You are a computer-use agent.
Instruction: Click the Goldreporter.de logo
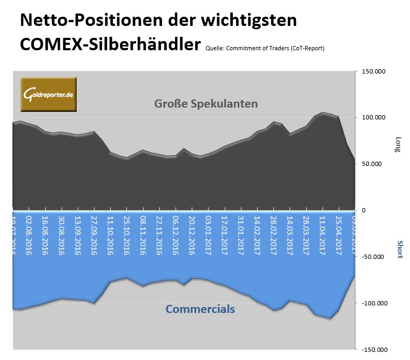tap(49, 95)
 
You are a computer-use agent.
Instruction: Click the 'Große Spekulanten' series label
tap(206, 103)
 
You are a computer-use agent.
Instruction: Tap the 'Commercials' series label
tap(200, 309)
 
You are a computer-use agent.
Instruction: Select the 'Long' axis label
tap(399, 144)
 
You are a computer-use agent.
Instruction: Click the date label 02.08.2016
tap(29, 236)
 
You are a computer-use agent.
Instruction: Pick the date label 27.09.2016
tap(94, 236)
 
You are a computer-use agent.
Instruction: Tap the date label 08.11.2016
tap(143, 236)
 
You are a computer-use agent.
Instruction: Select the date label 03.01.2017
tap(209, 236)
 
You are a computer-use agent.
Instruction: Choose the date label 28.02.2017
tap(274, 236)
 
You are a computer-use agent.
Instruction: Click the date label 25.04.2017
tap(339, 236)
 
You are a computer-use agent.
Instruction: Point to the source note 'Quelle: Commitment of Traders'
tap(265, 48)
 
